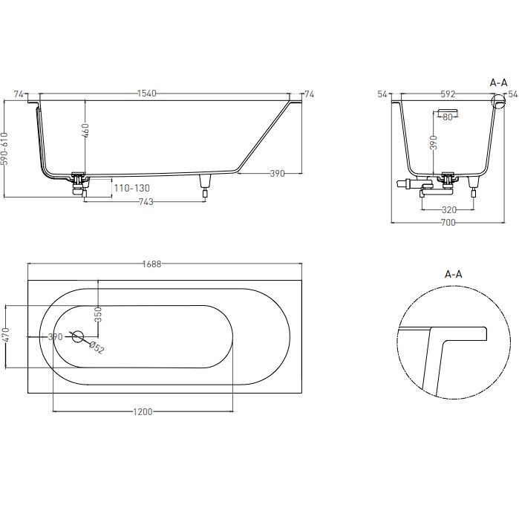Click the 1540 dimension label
click(147, 94)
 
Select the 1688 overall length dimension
click(152, 264)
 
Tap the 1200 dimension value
click(143, 412)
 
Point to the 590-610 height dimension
click(4, 148)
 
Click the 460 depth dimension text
click(85, 131)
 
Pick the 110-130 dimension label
click(131, 189)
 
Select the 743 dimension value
click(146, 201)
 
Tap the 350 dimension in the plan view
click(98, 315)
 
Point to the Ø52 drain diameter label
click(97, 347)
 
